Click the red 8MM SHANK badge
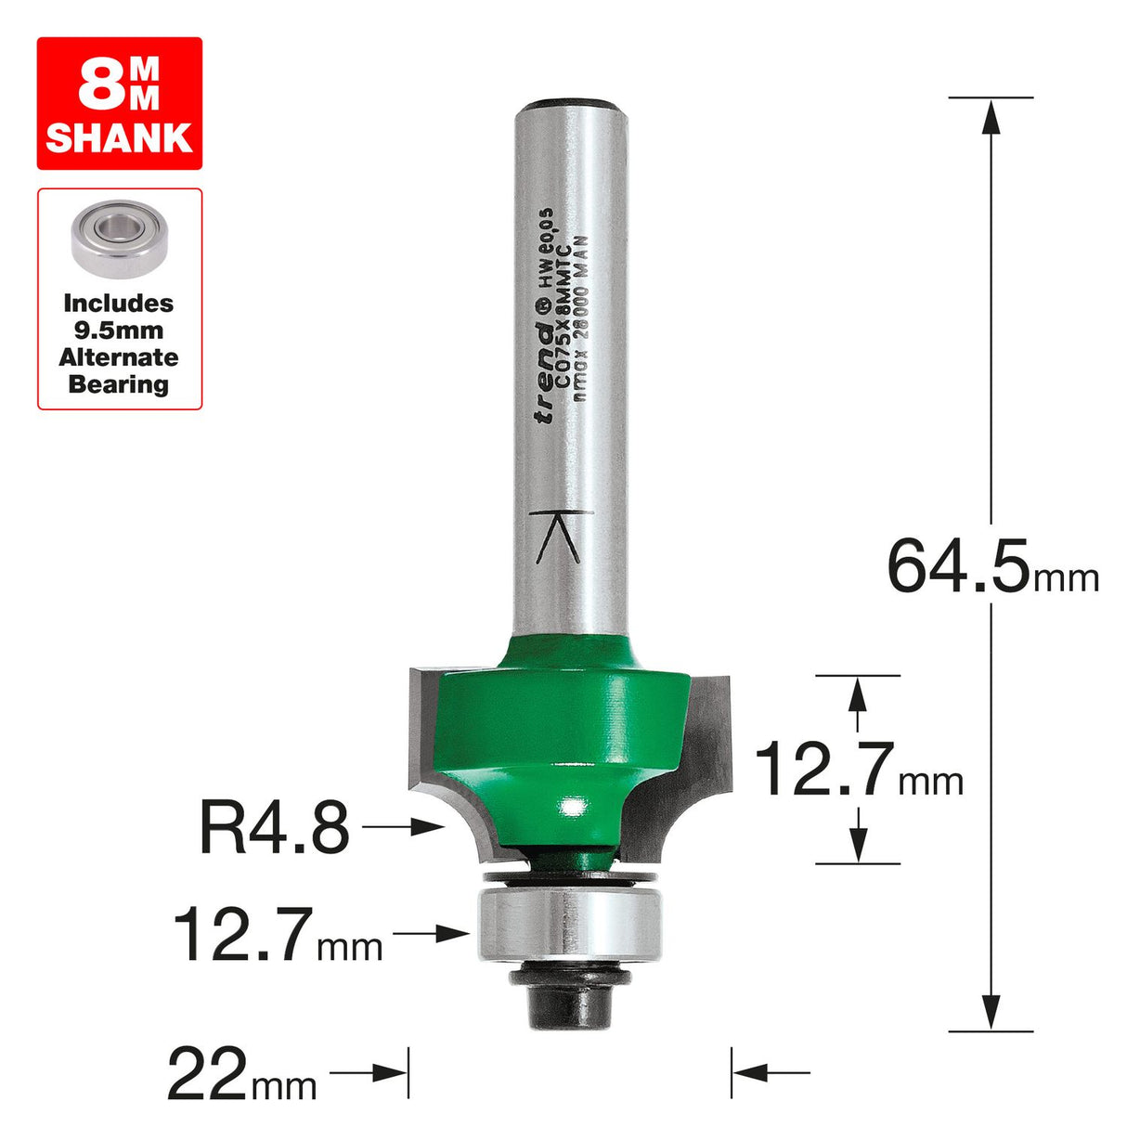click(x=119, y=103)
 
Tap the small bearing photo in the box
click(x=119, y=239)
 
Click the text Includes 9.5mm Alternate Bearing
click(x=119, y=343)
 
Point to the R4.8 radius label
click(x=274, y=828)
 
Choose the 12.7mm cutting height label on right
click(x=858, y=771)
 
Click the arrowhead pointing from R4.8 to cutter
click(x=429, y=826)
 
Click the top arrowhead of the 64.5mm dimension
click(x=991, y=115)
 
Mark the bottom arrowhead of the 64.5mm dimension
click(x=991, y=1012)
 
